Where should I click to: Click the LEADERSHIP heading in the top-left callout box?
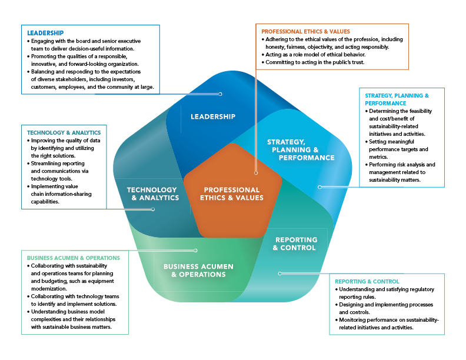[x=45, y=32]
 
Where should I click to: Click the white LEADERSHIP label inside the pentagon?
[x=213, y=116]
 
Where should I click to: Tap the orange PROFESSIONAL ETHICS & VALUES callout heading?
[x=306, y=31]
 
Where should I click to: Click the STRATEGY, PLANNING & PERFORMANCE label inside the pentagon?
[x=301, y=150]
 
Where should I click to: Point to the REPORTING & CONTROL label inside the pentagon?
[x=296, y=244]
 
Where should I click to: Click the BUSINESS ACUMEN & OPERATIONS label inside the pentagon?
[x=198, y=271]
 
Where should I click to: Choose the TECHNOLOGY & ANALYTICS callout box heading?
[x=64, y=133]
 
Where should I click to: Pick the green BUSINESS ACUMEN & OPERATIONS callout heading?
[x=74, y=258]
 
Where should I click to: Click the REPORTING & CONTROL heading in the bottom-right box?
[x=367, y=281]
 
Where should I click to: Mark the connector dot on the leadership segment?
[x=220, y=94]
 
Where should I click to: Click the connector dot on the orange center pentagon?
[x=255, y=173]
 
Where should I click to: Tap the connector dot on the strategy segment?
[x=319, y=187]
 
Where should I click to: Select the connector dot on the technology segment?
[x=154, y=209]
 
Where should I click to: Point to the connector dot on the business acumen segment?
[x=196, y=250]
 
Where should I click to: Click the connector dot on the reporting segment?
[x=279, y=273]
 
